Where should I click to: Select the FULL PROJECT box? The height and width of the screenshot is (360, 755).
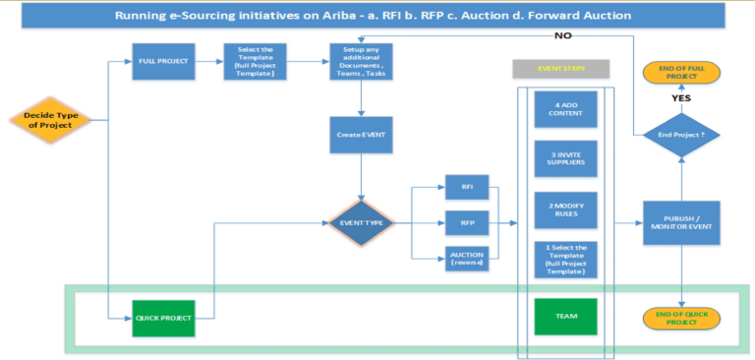162,62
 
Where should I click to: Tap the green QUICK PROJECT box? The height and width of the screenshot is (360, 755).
161,317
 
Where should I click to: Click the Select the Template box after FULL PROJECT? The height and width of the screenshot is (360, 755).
255,62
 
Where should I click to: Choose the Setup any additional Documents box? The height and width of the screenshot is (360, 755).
362,62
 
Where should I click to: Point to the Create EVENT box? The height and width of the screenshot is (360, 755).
362,134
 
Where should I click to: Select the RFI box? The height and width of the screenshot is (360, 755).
467,186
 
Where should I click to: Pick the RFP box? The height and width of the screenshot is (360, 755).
467,222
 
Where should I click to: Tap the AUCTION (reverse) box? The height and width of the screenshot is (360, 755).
467,260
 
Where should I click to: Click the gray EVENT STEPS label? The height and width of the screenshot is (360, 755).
561,69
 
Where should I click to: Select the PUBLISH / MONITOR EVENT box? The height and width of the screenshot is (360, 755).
680,223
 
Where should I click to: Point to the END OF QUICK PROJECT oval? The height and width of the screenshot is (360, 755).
680,317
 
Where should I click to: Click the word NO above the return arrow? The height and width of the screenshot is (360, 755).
562,35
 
